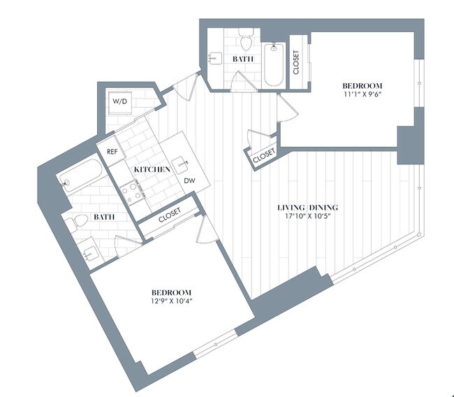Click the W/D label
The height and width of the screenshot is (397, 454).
point(121,101)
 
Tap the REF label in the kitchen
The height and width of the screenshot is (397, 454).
point(111,152)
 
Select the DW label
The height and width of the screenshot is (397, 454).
point(189,180)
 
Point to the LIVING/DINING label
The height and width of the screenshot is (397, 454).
point(307,207)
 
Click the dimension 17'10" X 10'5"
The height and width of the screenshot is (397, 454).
point(307,216)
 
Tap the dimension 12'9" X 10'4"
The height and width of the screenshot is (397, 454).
point(172,301)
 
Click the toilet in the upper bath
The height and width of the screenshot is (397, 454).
point(245,36)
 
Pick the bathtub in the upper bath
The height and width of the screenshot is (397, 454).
point(273,65)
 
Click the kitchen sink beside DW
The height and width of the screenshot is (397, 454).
point(184,164)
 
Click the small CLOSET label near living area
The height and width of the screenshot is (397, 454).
point(263,158)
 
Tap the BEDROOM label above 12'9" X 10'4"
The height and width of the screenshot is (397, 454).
point(172,291)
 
